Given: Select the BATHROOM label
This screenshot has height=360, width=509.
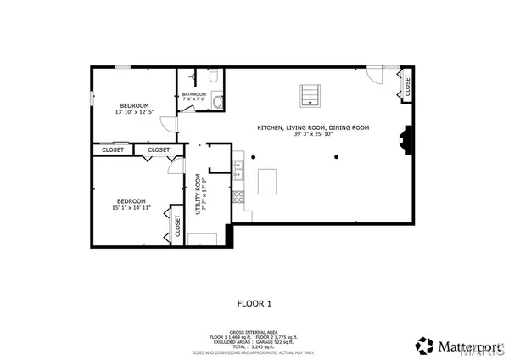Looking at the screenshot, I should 194,93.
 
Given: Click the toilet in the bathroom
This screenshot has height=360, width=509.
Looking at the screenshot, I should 215,79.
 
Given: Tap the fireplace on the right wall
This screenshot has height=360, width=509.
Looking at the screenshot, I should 408,138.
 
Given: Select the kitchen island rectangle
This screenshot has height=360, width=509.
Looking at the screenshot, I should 268,181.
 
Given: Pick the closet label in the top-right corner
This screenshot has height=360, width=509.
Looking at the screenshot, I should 407,85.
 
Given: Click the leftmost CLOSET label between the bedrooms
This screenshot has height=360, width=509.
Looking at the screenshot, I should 113,150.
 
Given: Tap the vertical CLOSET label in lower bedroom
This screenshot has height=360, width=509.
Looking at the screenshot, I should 178,225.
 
